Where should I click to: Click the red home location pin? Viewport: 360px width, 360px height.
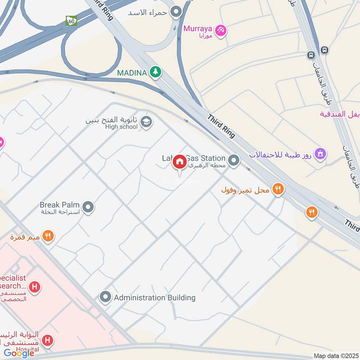pyautogui.click(x=180, y=162)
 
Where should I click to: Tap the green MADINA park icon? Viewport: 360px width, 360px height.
pyautogui.click(x=155, y=72)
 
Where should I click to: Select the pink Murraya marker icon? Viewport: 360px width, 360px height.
pyautogui.click(x=220, y=30)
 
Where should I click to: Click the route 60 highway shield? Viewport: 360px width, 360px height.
pyautogui.click(x=71, y=20)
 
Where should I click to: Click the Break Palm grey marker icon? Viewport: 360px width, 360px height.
pyautogui.click(x=89, y=207)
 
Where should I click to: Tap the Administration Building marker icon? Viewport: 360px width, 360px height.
pyautogui.click(x=105, y=297)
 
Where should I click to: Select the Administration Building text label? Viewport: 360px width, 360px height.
pyautogui.click(x=154, y=297)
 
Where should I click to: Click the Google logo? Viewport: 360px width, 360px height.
pyautogui.click(x=19, y=353)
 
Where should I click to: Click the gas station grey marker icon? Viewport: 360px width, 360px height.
pyautogui.click(x=233, y=160)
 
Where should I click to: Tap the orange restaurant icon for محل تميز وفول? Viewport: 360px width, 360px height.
pyautogui.click(x=278, y=190)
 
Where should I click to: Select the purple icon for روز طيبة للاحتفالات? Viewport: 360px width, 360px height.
pyautogui.click(x=320, y=154)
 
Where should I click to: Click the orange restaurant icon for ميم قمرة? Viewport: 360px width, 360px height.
pyautogui.click(x=48, y=236)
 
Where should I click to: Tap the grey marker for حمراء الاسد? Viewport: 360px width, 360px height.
pyautogui.click(x=176, y=11)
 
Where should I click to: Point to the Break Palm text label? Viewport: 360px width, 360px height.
pyautogui.click(x=60, y=205)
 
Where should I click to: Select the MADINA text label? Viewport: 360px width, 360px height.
pyautogui.click(x=132, y=72)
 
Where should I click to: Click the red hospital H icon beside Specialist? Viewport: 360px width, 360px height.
pyautogui.click(x=34, y=287)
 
